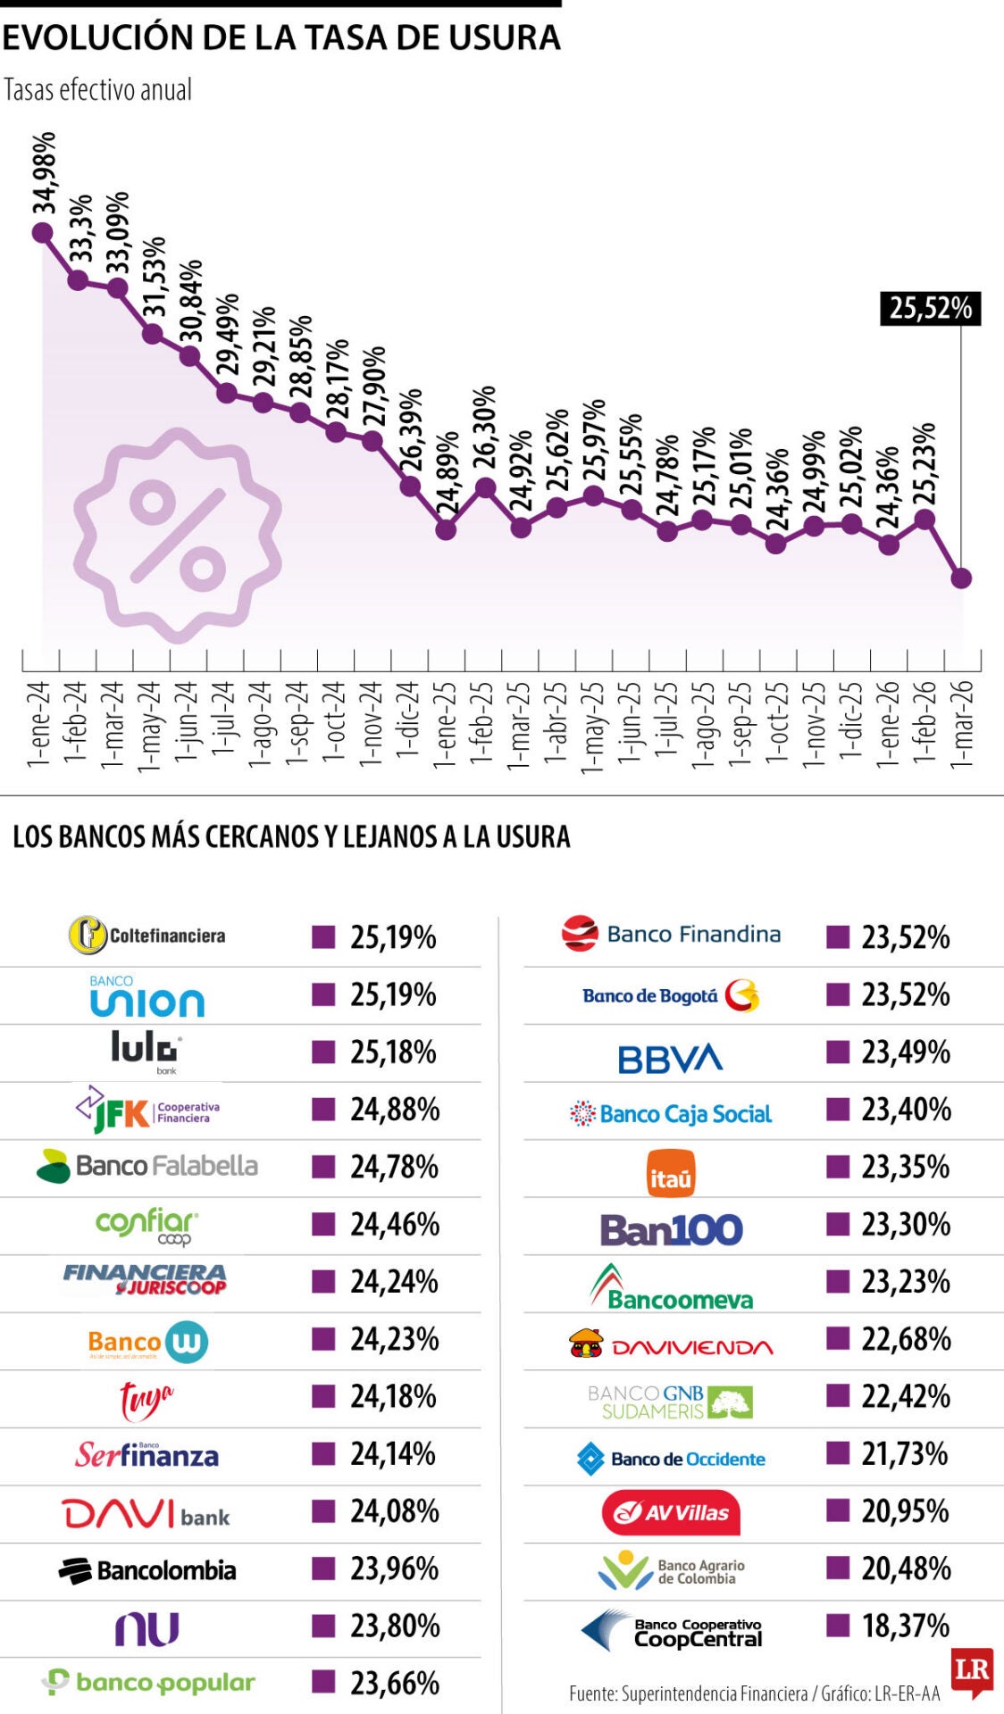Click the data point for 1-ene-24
41,233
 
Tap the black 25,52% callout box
930,308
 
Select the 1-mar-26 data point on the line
961,578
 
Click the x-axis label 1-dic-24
407,720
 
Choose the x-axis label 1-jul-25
666,720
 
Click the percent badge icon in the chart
178,535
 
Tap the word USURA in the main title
504,37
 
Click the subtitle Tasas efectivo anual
98,90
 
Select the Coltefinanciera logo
147,936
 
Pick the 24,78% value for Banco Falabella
394,1167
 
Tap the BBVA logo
670,1059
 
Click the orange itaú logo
671,1173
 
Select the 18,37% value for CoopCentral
905,1626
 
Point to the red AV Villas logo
671,1512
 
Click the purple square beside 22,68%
837,1337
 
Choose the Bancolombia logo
147,1570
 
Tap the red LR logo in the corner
972,1671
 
